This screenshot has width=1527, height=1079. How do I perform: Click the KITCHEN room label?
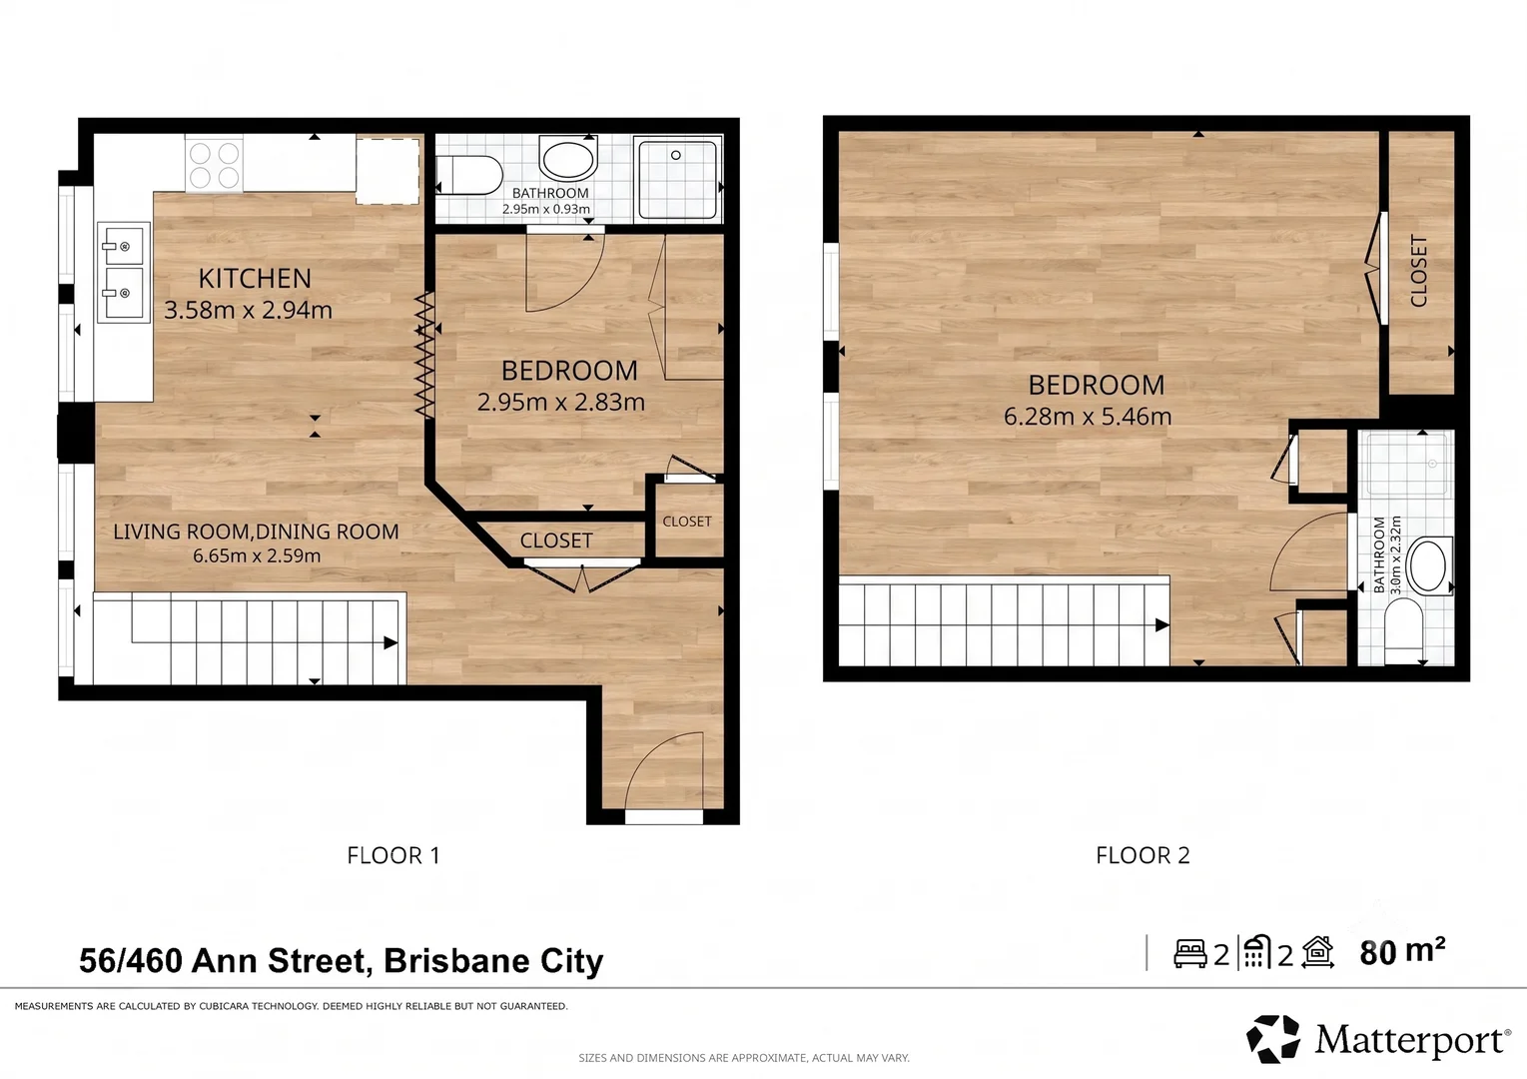pyautogui.click(x=255, y=279)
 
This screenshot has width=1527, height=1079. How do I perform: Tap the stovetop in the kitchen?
pyautogui.click(x=214, y=165)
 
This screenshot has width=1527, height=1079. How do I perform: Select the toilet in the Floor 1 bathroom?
pyautogui.click(x=468, y=175)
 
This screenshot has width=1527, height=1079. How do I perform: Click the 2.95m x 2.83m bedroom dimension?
pyautogui.click(x=561, y=402)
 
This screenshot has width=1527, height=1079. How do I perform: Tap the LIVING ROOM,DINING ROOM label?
pyautogui.click(x=256, y=532)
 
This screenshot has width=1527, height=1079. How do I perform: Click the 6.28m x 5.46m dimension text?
pyautogui.click(x=1088, y=416)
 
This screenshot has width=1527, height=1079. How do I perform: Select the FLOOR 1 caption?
pyautogui.click(x=393, y=855)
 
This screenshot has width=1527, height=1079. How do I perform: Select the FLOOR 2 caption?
pyautogui.click(x=1143, y=855)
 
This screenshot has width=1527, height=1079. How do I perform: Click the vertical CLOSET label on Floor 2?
pyautogui.click(x=1418, y=271)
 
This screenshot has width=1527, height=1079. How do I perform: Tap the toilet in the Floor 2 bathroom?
pyautogui.click(x=1403, y=629)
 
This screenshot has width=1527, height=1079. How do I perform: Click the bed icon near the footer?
pyautogui.click(x=1190, y=954)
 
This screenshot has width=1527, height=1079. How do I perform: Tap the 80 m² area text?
pyautogui.click(x=1402, y=952)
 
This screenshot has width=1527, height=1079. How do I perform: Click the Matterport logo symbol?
pyautogui.click(x=1272, y=1039)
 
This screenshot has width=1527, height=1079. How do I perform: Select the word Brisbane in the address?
pyautogui.click(x=456, y=961)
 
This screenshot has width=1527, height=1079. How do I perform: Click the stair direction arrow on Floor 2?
pyautogui.click(x=1162, y=624)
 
